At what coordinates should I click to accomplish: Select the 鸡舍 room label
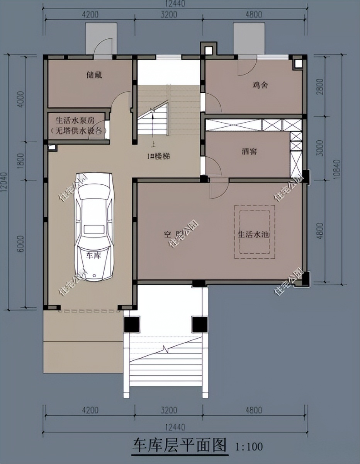260,84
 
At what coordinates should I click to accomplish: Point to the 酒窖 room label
248,151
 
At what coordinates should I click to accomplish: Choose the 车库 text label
94,256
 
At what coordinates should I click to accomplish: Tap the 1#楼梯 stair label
158,157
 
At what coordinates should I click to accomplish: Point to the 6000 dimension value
20,244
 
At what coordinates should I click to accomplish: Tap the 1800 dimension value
20,161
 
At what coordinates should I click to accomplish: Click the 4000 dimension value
20,99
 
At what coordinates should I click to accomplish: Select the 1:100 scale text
249,447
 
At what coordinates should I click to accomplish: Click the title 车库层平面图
179,445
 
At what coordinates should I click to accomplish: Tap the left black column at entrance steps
132,324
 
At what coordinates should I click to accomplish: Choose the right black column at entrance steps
199,324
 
